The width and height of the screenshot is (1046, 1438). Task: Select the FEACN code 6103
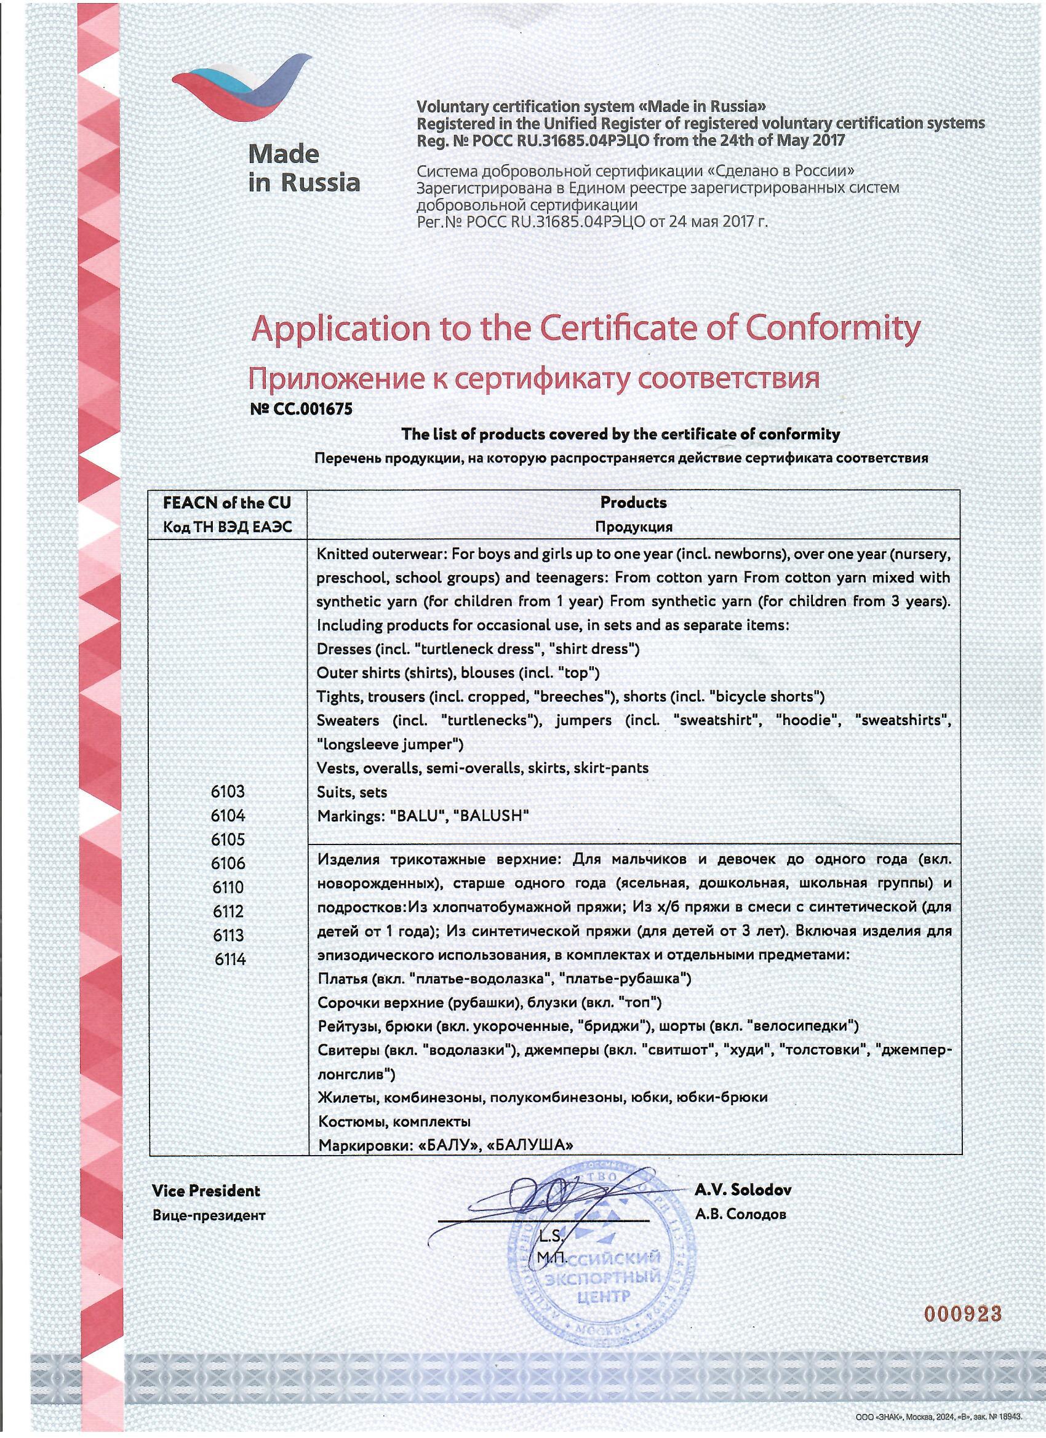point(228,792)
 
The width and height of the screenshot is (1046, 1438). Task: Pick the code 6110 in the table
point(228,887)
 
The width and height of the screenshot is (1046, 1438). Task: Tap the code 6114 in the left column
point(230,959)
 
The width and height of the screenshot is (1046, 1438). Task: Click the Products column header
point(633,503)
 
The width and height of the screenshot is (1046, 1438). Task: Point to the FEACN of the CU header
point(227,503)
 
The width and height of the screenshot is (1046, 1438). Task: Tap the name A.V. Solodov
point(743,1190)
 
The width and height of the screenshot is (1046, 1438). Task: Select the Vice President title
point(206,1191)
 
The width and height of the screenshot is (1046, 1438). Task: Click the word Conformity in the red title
point(832,328)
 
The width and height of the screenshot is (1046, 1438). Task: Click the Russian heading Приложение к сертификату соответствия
point(533,378)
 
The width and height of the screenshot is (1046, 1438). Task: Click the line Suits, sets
point(352,792)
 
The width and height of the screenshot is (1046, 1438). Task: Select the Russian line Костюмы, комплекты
point(394,1122)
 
